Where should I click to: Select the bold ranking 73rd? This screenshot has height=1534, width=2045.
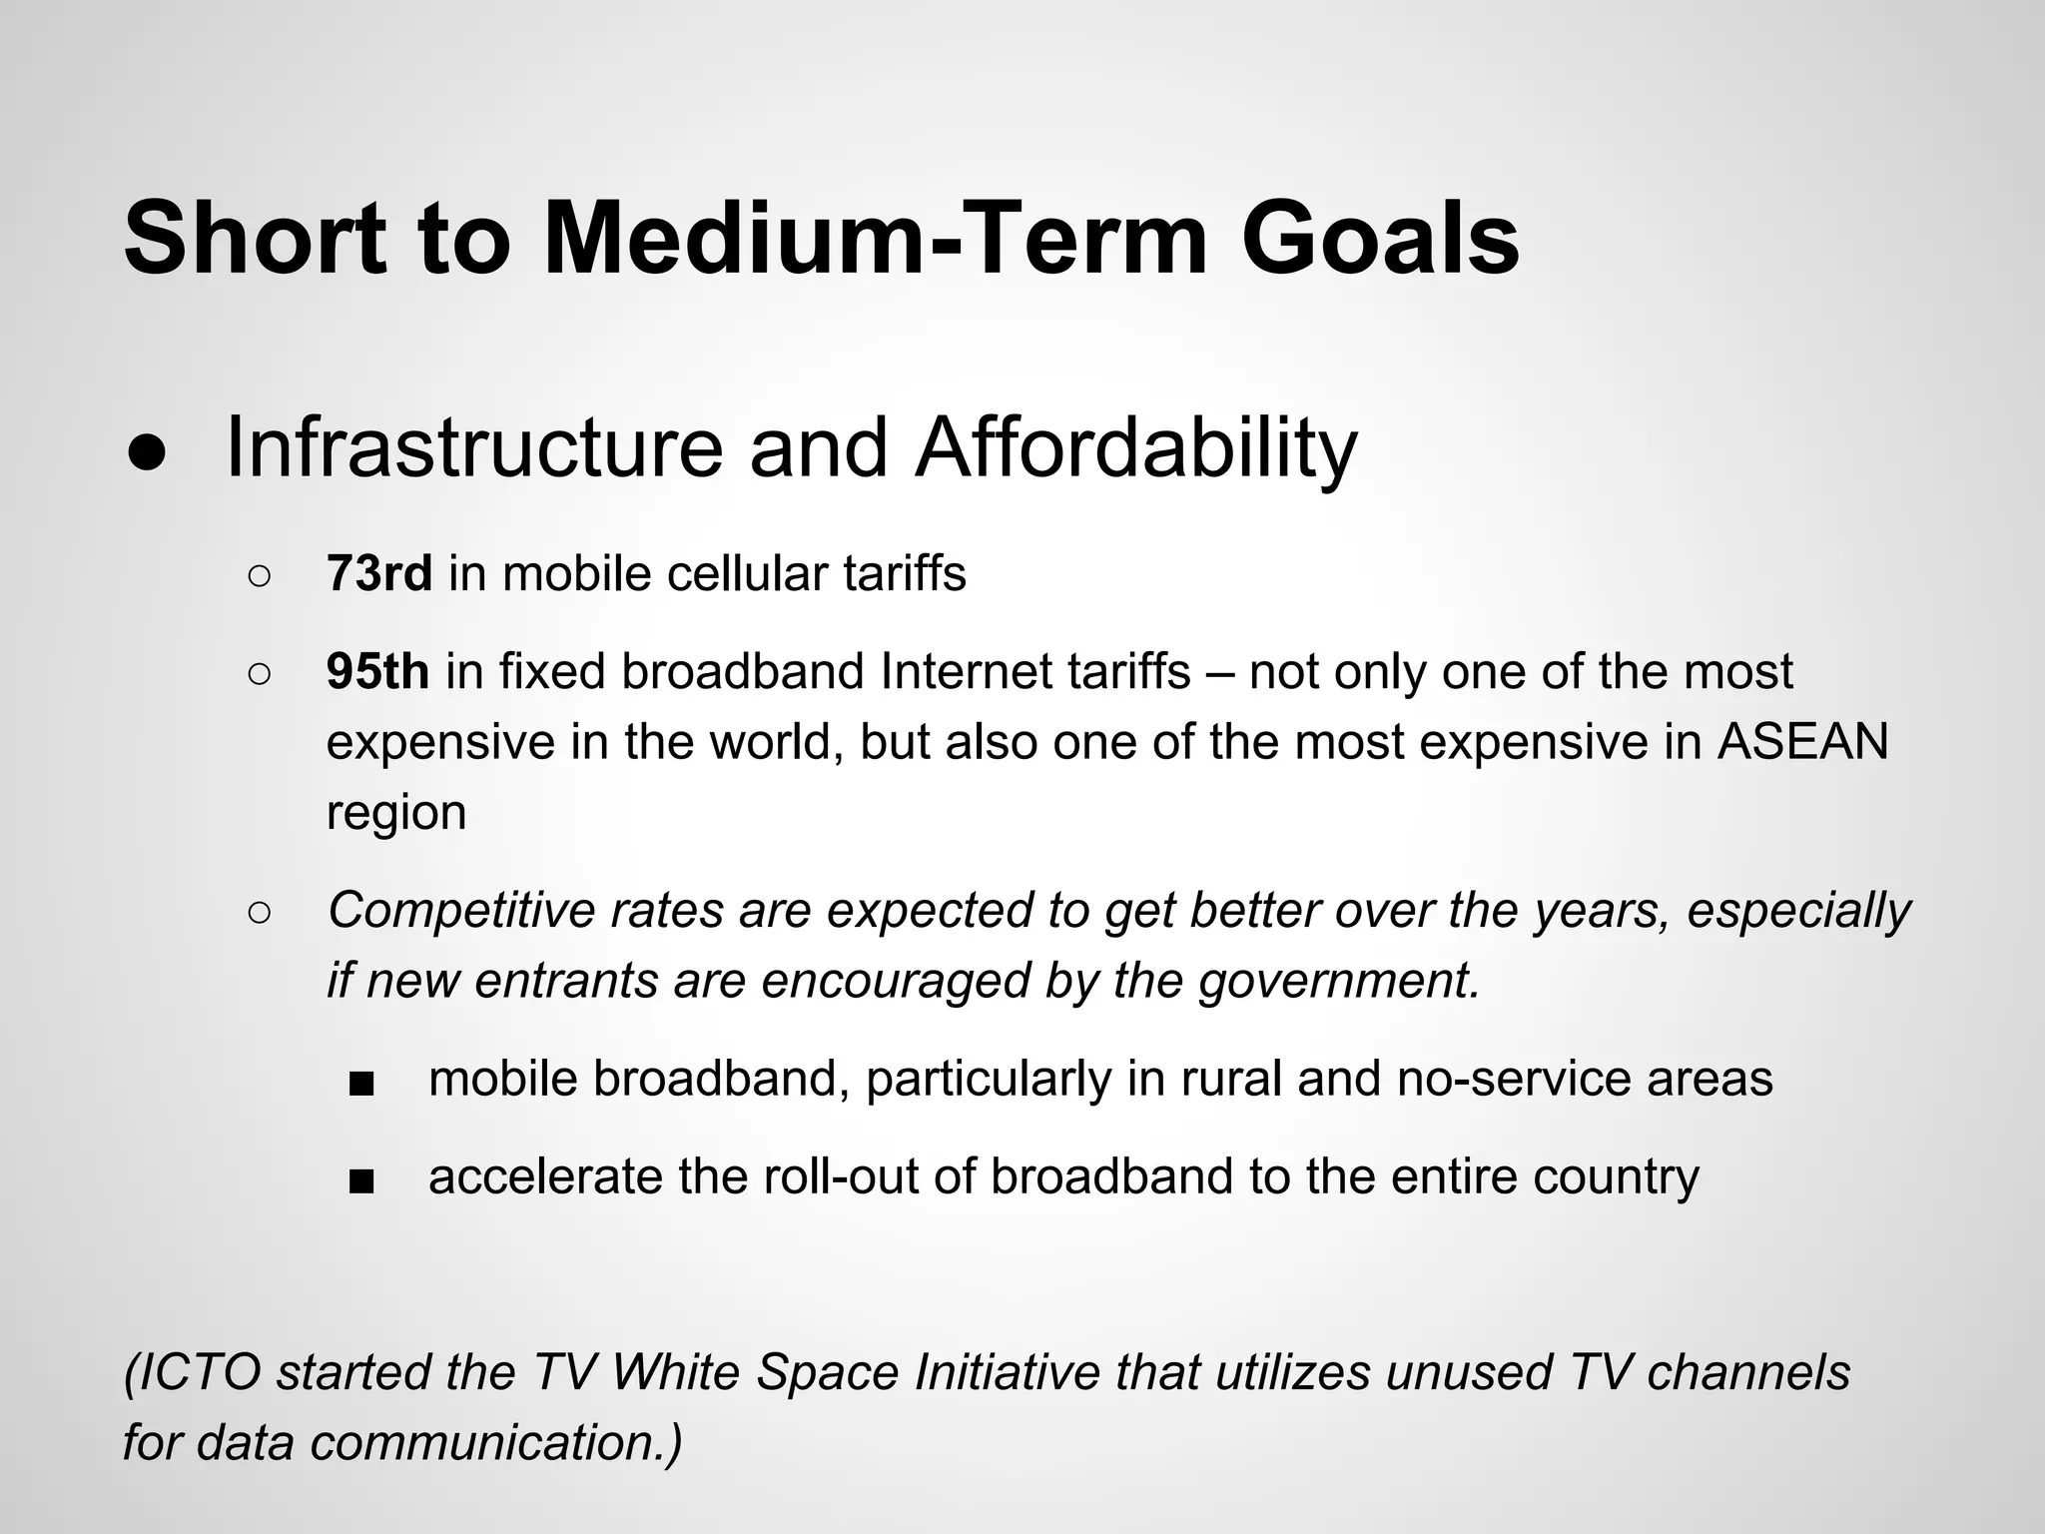click(378, 574)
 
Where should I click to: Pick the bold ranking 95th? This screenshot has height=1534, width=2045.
click(377, 671)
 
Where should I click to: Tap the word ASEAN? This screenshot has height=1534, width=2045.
click(1802, 741)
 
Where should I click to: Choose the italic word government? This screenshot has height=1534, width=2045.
click(1338, 980)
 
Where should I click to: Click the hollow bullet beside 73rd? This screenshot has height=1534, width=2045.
click(258, 576)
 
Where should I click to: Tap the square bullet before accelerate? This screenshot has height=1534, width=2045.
click(361, 1180)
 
